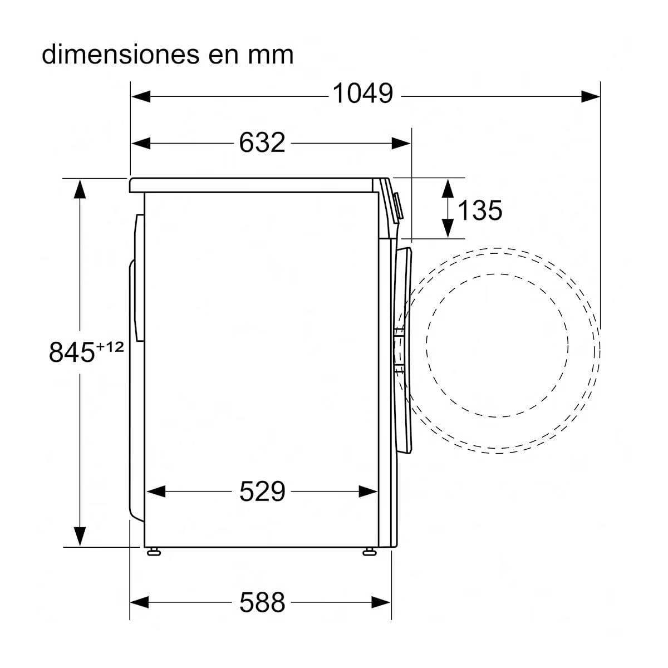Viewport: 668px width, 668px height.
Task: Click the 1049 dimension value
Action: tap(363, 94)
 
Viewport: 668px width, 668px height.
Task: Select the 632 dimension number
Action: tap(262, 143)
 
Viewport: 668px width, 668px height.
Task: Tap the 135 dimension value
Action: tap(479, 210)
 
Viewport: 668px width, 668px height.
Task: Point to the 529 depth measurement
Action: tap(262, 491)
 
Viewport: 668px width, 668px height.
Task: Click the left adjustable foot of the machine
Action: tap(154, 552)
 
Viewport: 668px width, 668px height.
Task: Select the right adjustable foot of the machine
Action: tap(369, 552)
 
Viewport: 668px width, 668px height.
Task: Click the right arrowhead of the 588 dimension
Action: tap(381, 602)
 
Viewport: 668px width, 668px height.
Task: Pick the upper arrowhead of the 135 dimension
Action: tap(448, 188)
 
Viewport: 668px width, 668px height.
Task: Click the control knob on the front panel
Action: tap(399, 206)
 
